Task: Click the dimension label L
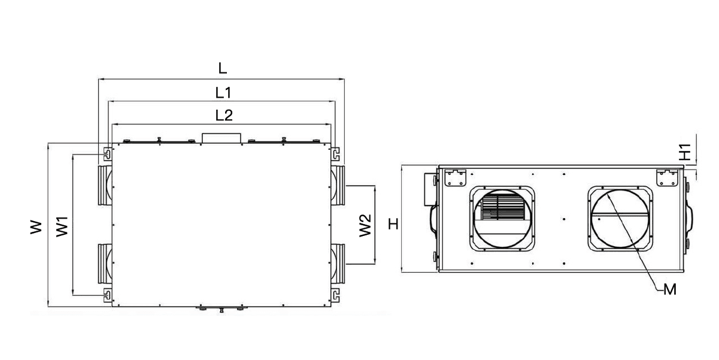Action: click(222, 68)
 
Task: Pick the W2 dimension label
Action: click(365, 225)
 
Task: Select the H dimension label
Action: click(393, 224)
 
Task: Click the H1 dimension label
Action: click(687, 151)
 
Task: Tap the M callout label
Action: click(671, 290)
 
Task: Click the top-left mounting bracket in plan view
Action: click(106, 153)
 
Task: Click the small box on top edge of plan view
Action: click(222, 138)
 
